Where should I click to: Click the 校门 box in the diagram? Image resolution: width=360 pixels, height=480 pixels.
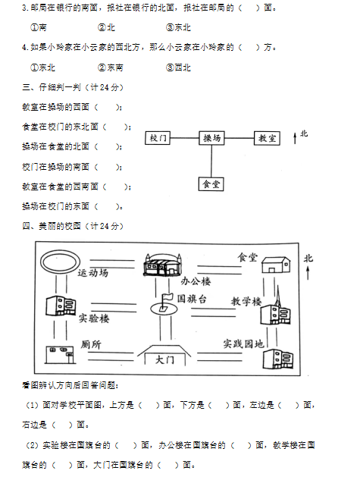[157, 138]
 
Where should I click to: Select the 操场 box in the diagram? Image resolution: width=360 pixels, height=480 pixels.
[211, 138]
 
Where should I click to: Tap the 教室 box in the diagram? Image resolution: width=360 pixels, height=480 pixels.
[267, 138]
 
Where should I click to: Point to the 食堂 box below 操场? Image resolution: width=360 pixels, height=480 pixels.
[211, 184]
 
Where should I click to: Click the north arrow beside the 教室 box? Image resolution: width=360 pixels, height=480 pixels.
[295, 138]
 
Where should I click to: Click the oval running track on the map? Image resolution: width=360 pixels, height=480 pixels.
[61, 262]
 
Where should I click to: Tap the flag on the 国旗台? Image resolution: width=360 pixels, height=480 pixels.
[167, 297]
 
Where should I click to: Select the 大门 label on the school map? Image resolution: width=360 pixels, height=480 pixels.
[164, 359]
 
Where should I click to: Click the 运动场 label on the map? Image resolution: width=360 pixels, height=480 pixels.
[93, 272]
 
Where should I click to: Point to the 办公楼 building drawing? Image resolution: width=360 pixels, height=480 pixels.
[163, 265]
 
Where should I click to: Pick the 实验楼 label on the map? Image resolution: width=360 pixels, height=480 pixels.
[94, 318]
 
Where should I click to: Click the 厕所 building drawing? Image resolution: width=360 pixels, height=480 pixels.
[60, 355]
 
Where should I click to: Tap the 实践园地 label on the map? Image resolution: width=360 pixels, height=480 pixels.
[243, 344]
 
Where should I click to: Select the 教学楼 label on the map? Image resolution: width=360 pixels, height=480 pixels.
[246, 301]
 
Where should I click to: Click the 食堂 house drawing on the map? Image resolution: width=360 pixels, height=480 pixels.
[276, 265]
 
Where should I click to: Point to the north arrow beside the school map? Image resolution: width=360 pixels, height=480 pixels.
[308, 272]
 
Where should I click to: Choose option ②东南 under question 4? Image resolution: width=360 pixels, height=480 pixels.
[111, 67]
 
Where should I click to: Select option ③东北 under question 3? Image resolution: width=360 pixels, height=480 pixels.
[178, 27]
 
